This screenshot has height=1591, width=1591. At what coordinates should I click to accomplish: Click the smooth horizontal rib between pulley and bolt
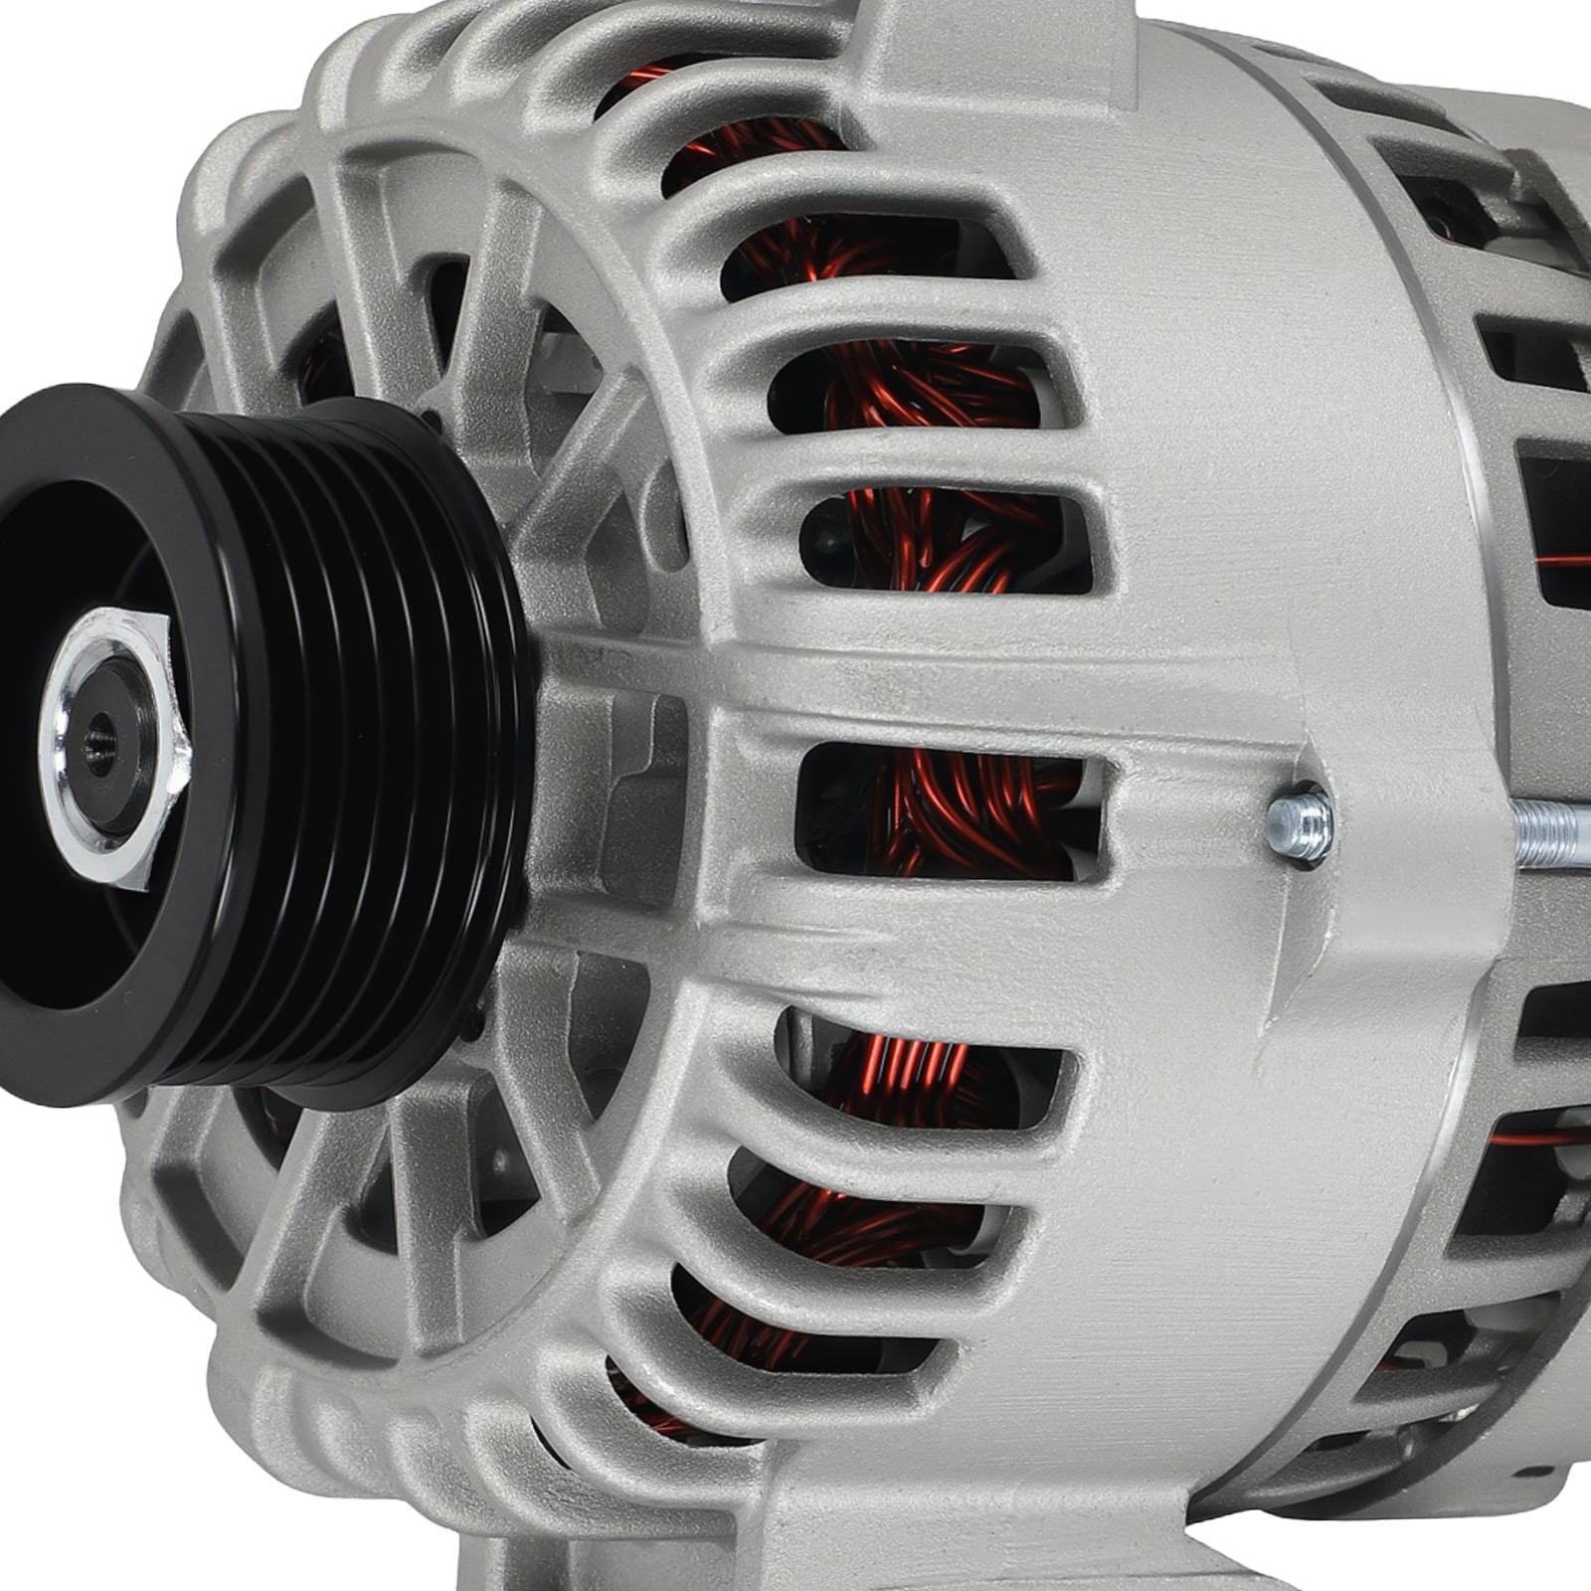pos(895,686)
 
